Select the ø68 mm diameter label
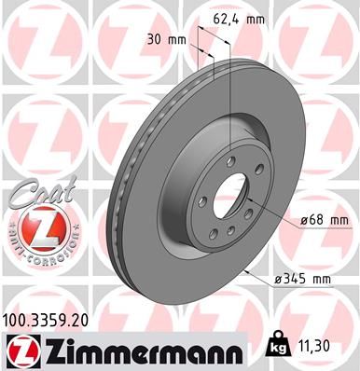pos(325,220)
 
